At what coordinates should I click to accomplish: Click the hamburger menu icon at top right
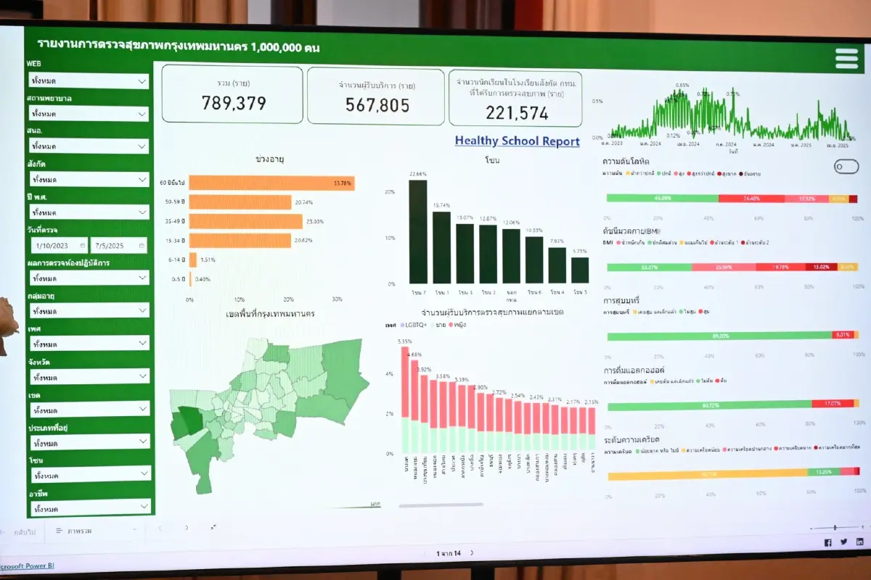point(846,58)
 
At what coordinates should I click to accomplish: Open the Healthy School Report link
point(517,141)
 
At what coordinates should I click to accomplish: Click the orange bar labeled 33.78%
point(271,183)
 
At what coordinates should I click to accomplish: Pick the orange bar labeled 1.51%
point(193,259)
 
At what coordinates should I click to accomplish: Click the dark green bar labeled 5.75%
point(580,270)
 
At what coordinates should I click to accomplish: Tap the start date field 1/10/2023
point(58,246)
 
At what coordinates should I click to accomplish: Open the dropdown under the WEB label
point(89,80)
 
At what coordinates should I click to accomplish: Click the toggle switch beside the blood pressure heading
point(846,167)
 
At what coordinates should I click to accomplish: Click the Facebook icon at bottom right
point(828,542)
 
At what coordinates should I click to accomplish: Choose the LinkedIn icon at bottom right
point(859,542)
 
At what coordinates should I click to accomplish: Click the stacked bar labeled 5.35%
point(405,399)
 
